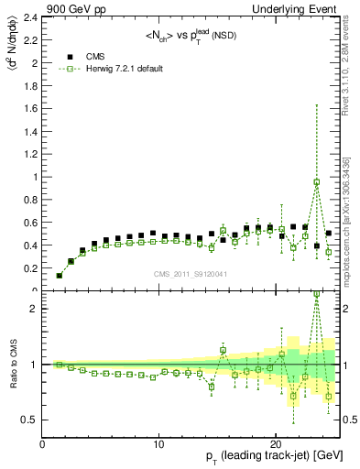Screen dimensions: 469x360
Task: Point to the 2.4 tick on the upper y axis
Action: coord(34,17)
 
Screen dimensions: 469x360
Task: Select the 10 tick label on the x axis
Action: coord(158,444)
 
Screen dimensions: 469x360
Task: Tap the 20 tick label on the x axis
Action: coord(275,444)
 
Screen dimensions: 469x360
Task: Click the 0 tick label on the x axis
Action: coord(43,444)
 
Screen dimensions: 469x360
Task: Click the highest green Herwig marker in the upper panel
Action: coord(317,181)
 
